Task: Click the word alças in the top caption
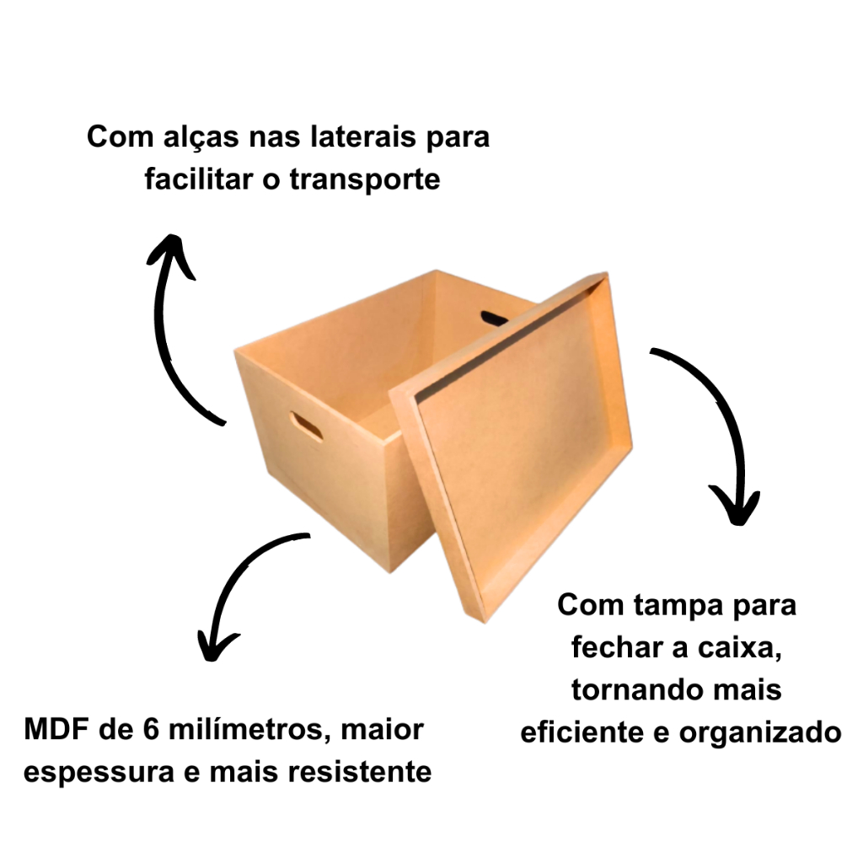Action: [201, 138]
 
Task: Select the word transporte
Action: [365, 180]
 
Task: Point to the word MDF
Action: [56, 729]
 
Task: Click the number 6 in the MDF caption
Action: [152, 729]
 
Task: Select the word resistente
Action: [360, 772]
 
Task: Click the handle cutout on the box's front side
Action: [306, 426]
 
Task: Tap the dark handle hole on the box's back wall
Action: [494, 318]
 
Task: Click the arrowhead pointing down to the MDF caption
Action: [216, 646]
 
